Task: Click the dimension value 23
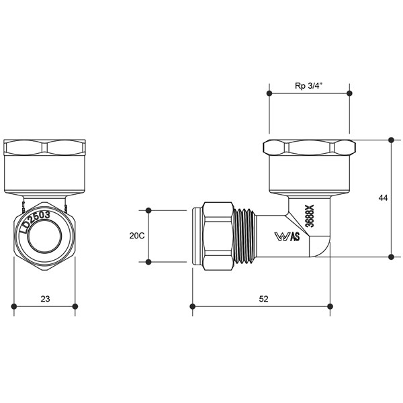[x=45, y=299]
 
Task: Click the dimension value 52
[x=263, y=299]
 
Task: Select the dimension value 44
[x=383, y=197]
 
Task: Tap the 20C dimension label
[x=137, y=236]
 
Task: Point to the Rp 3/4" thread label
[x=309, y=86]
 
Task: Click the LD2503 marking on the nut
[x=35, y=222]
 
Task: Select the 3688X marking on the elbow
[x=310, y=216]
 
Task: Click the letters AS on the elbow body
[x=295, y=236]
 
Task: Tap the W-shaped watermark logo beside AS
[x=282, y=236]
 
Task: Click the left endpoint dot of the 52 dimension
[x=193, y=306]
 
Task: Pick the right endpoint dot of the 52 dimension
[x=330, y=306]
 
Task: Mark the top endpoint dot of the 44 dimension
[x=391, y=140]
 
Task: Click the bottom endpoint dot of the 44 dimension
[x=391, y=257]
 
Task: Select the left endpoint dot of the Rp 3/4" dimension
[x=269, y=93]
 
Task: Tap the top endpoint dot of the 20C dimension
[x=148, y=210]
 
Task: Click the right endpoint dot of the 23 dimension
[x=75, y=306]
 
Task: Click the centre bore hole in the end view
[x=44, y=236]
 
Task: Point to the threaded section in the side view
[x=245, y=236]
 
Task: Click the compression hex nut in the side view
[x=218, y=236]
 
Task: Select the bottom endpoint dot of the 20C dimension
[x=148, y=262]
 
